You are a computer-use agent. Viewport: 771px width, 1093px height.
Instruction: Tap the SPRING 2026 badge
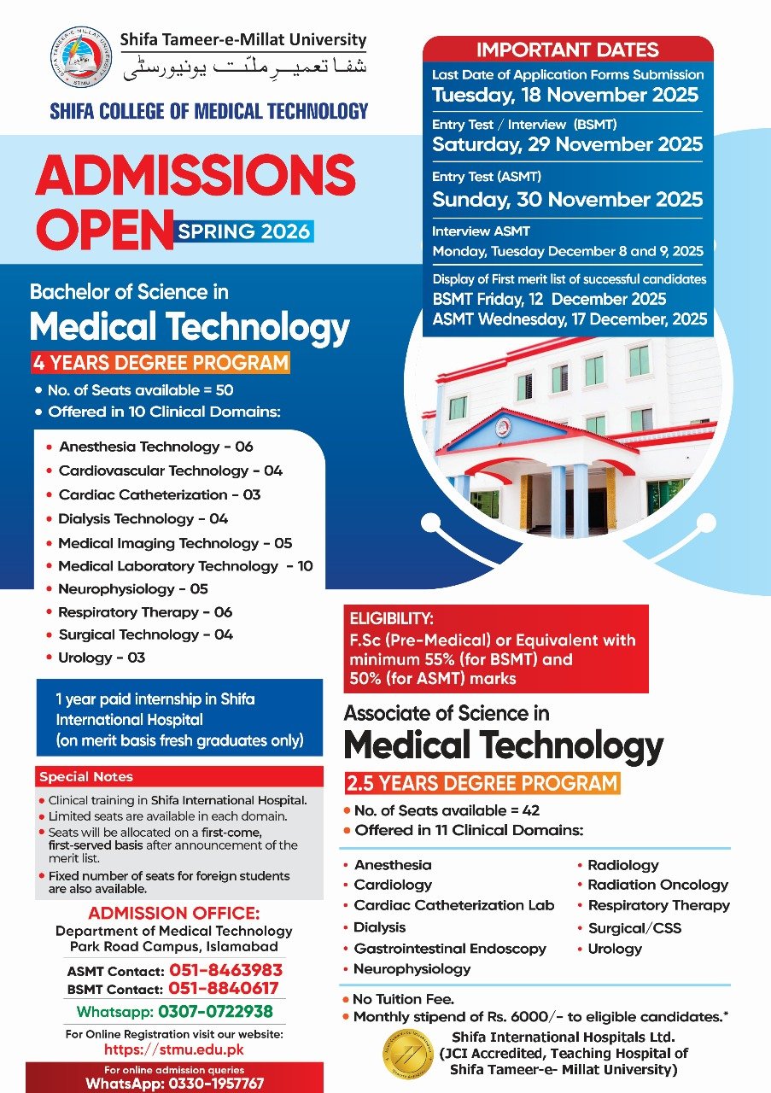click(243, 231)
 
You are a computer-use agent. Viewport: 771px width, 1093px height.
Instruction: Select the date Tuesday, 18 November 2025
click(565, 95)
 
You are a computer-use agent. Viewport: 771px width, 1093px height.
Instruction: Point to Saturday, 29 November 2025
click(567, 144)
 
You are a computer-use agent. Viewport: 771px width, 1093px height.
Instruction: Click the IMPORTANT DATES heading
click(567, 50)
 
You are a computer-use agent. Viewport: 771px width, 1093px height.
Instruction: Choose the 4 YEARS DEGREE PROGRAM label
click(161, 363)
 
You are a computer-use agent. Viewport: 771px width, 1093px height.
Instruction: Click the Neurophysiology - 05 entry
click(132, 589)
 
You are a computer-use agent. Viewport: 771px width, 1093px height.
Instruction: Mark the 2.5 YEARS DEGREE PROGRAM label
click(482, 782)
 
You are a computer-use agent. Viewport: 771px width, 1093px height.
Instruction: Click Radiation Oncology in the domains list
click(657, 885)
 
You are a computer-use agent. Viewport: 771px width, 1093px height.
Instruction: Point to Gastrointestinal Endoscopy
click(449, 949)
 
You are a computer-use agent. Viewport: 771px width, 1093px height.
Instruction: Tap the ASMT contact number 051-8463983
click(225, 971)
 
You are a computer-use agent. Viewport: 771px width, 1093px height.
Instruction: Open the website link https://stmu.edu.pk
click(175, 1050)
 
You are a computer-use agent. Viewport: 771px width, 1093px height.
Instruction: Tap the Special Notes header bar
click(179, 777)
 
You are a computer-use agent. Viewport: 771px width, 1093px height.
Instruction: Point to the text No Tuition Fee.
click(404, 998)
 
